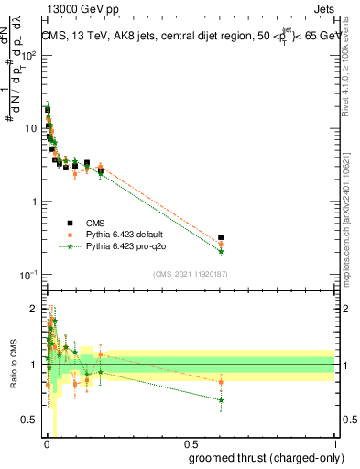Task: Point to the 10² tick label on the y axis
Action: tap(27, 55)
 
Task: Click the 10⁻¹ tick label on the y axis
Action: tap(27, 275)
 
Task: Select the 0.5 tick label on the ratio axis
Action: tap(29, 420)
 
